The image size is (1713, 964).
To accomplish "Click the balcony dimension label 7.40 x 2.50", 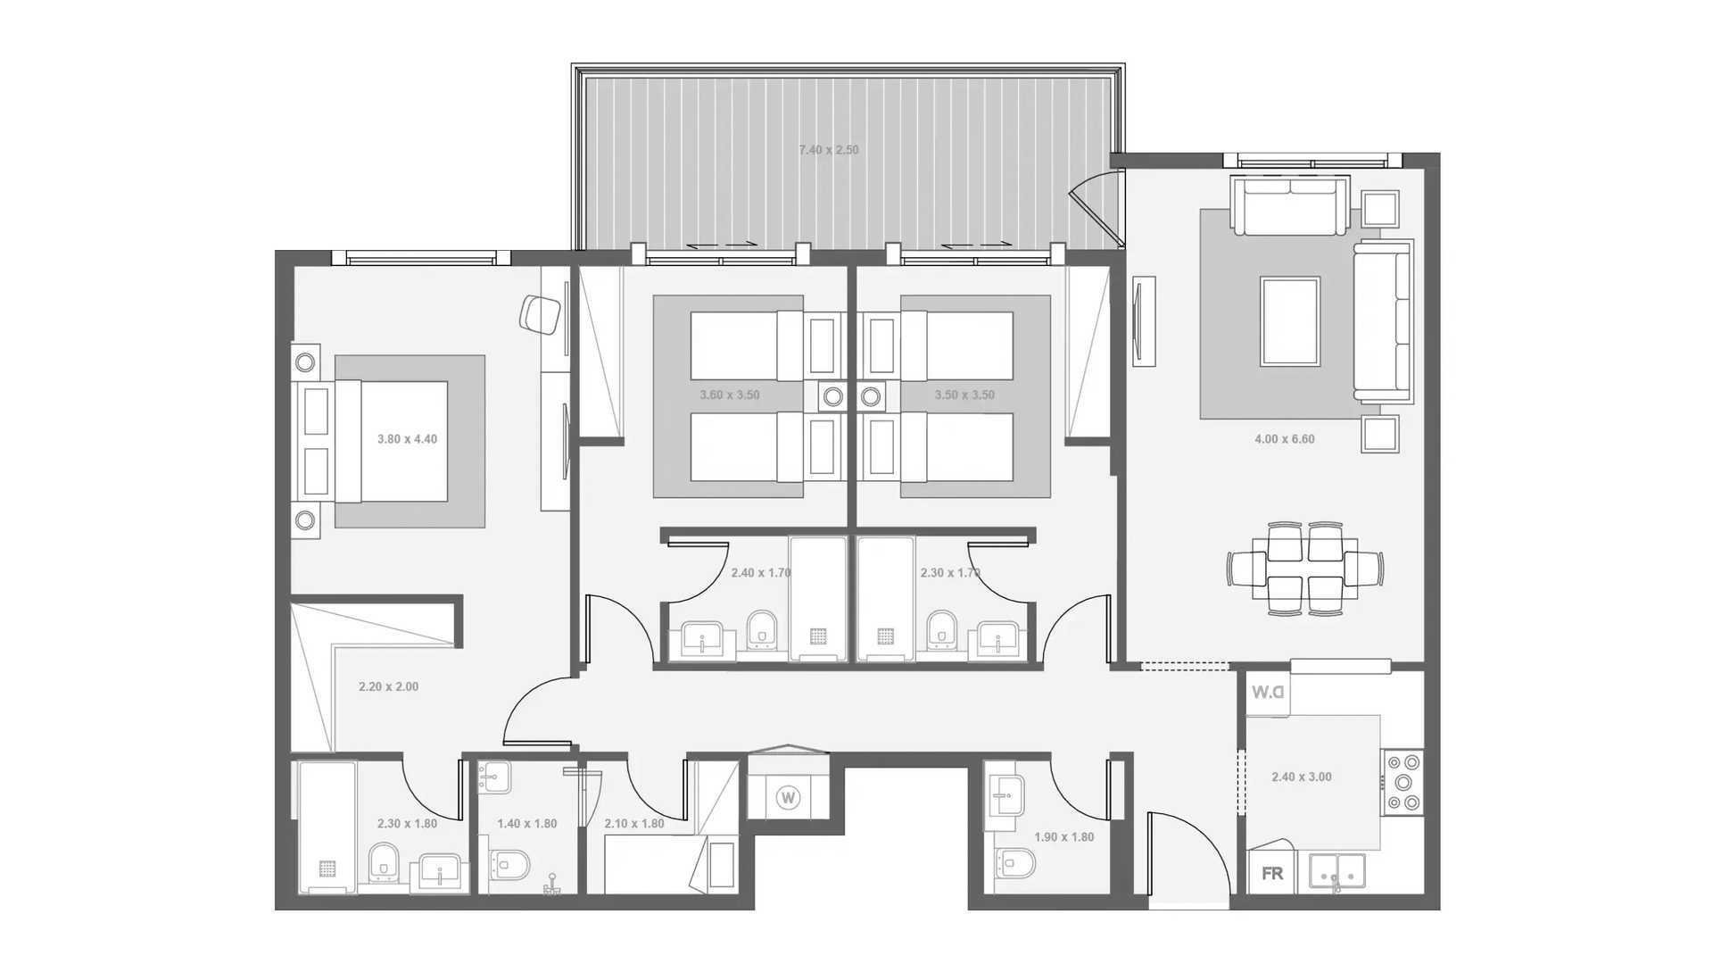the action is (829, 150).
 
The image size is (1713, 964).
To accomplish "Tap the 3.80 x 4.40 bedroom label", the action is (407, 439).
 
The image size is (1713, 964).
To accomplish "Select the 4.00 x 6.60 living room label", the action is (1284, 439).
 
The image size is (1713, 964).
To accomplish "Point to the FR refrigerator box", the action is (1272, 873).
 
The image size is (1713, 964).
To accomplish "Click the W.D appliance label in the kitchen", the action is (1267, 693).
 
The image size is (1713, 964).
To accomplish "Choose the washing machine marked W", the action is (788, 797).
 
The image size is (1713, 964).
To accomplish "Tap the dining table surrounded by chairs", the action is (1304, 569).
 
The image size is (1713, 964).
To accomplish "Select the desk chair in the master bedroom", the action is (539, 313).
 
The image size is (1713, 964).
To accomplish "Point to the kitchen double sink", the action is (1337, 871).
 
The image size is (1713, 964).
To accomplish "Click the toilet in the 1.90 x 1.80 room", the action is (1014, 863).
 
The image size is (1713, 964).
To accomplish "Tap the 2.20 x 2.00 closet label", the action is (388, 686).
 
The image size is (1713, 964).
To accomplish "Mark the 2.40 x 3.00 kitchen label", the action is (1302, 777).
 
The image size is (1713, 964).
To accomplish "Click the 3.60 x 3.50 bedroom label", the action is (730, 395).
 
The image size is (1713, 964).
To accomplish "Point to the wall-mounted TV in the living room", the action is (1142, 321).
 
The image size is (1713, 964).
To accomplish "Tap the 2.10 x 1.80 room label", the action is (634, 823).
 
